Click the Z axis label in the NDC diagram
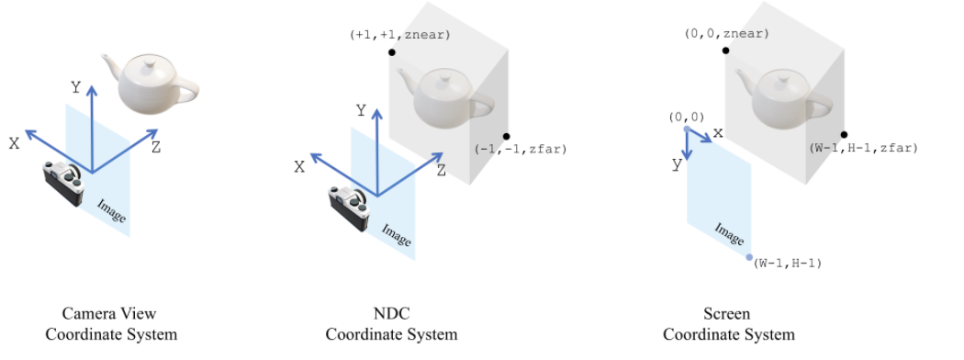pyautogui.click(x=442, y=170)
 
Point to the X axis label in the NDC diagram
pyautogui.click(x=300, y=166)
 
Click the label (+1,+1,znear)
pyautogui.click(x=399, y=34)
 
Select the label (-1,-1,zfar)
pyautogui.click(x=521, y=149)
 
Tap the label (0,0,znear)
pyautogui.click(x=726, y=34)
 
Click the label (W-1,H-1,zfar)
pyautogui.click(x=864, y=148)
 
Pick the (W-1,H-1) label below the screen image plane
pyautogui.click(x=788, y=264)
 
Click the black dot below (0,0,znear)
pyautogui.click(x=725, y=51)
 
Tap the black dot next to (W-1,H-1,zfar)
pyautogui.click(x=843, y=135)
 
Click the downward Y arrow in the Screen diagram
pyautogui.click(x=688, y=152)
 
